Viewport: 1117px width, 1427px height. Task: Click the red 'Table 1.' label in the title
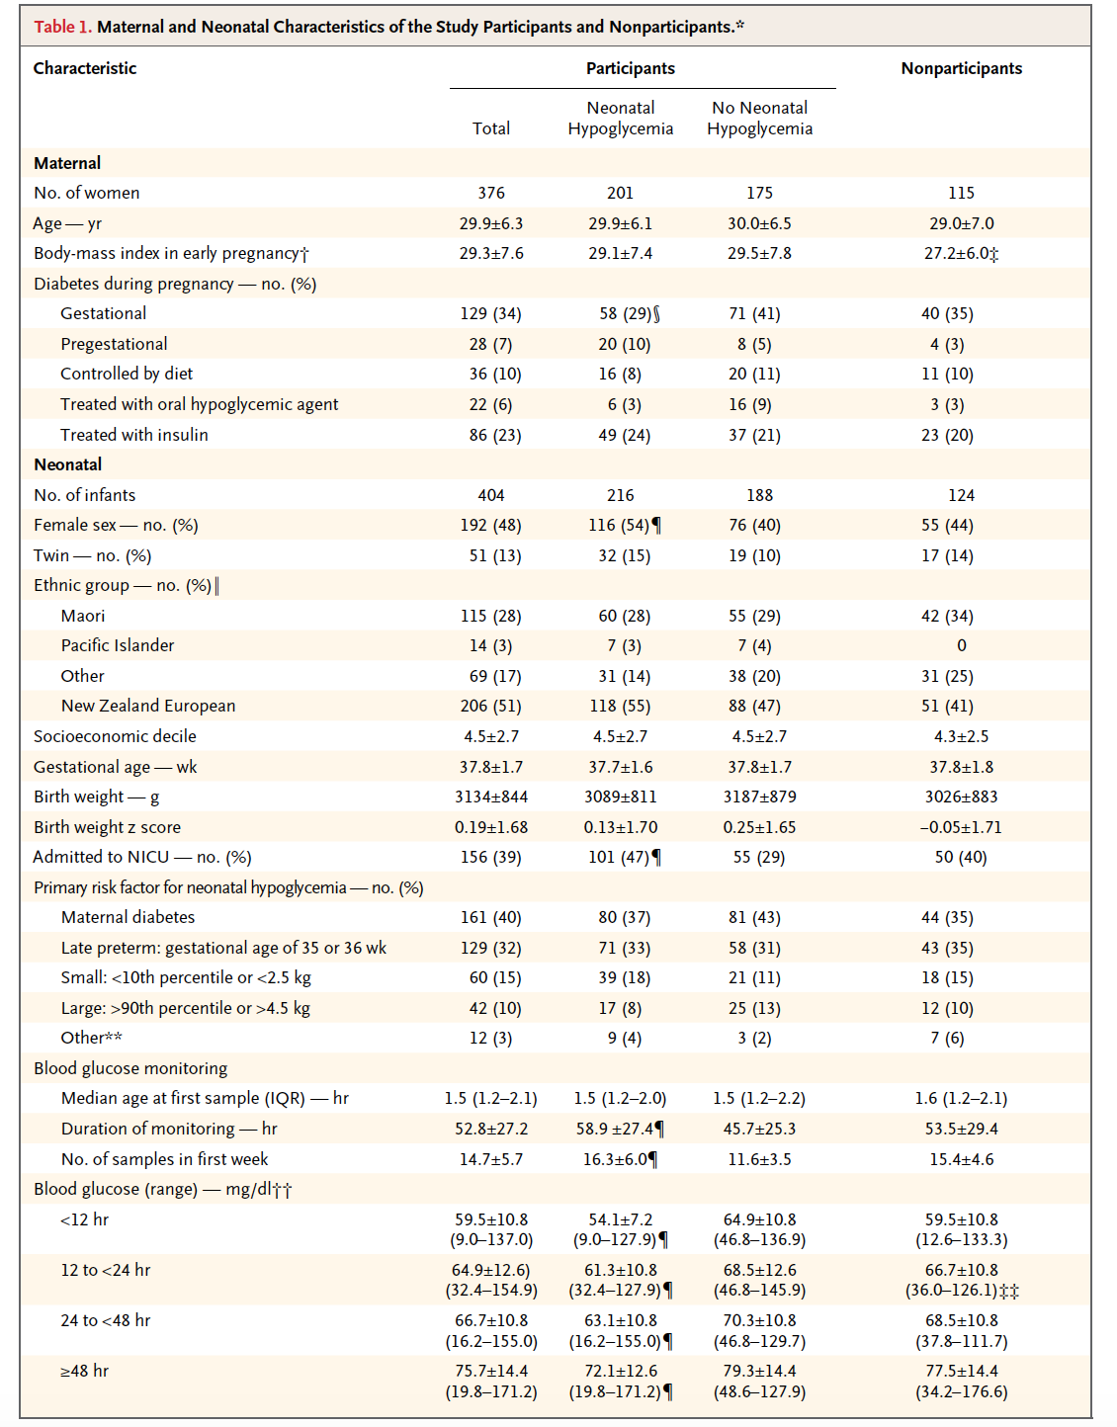click(x=62, y=27)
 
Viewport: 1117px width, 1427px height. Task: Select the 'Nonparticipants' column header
click(x=961, y=68)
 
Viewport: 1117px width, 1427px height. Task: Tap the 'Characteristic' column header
click(x=85, y=68)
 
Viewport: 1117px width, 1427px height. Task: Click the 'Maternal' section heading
click(x=67, y=163)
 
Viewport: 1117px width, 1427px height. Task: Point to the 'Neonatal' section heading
click(x=68, y=464)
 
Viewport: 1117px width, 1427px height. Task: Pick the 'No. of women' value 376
click(x=491, y=193)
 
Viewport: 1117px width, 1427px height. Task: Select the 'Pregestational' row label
click(x=114, y=344)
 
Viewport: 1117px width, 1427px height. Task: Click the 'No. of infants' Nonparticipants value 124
click(x=961, y=495)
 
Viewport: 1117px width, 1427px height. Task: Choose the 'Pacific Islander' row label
click(x=118, y=645)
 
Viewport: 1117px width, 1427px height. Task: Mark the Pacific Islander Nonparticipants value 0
click(x=961, y=645)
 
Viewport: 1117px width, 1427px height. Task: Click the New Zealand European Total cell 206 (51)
click(x=491, y=706)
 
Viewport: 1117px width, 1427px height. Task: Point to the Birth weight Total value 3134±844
click(x=491, y=797)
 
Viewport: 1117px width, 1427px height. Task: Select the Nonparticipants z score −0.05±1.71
click(x=960, y=827)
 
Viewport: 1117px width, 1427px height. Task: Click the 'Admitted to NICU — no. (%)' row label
click(x=142, y=857)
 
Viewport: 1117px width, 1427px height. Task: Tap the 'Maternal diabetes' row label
click(x=129, y=917)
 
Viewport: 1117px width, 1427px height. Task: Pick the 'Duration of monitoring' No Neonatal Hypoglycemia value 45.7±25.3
click(x=759, y=1129)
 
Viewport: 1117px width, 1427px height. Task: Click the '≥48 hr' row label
click(x=85, y=1371)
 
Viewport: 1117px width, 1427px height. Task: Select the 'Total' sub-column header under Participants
click(x=491, y=128)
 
